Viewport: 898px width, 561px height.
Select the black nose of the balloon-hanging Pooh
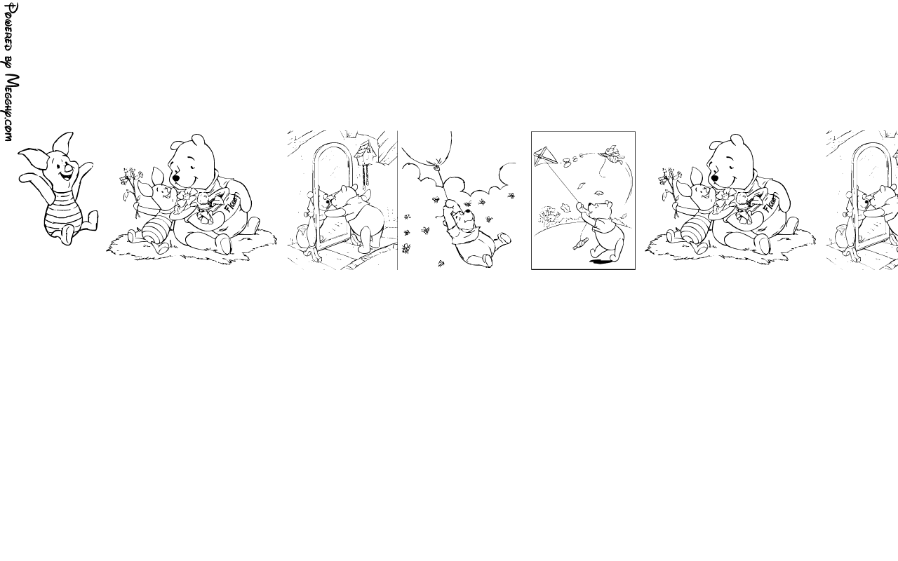(467, 211)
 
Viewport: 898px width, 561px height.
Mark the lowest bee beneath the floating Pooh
(441, 263)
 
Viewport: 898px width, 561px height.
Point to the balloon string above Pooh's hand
(443, 183)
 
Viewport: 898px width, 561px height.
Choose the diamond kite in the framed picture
(545, 157)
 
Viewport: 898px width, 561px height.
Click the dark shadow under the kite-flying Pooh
(601, 262)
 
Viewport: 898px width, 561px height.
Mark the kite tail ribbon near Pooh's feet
(580, 243)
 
